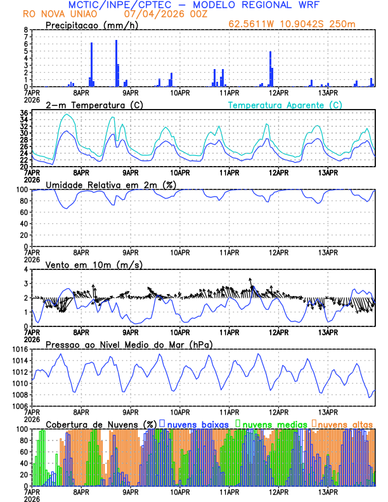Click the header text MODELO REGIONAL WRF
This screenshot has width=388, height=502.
coord(267,5)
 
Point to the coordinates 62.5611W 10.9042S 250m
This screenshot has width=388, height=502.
coord(301,25)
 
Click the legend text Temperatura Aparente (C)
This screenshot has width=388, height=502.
coord(285,105)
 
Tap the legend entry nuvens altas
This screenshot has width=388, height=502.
coord(345,423)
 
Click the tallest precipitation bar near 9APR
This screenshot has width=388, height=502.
coord(116,63)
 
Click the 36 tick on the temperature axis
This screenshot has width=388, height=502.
coord(23,113)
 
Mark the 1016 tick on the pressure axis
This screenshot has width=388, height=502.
coord(20,349)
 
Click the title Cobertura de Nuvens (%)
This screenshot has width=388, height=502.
coord(101,423)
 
